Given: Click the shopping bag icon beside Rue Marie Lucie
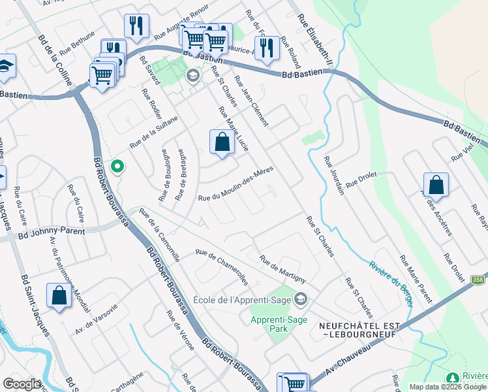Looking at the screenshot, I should (x=222, y=142).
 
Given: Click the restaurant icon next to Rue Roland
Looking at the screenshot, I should (x=266, y=48).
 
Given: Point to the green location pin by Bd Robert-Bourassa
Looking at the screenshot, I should (x=117, y=167).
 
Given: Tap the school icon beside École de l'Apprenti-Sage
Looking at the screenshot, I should (x=300, y=300).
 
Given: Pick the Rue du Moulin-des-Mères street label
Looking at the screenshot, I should (x=235, y=184).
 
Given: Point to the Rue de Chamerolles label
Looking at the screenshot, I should (x=222, y=267).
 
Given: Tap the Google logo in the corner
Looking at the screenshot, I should (x=22, y=384).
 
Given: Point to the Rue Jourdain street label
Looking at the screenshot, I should (x=337, y=178).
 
